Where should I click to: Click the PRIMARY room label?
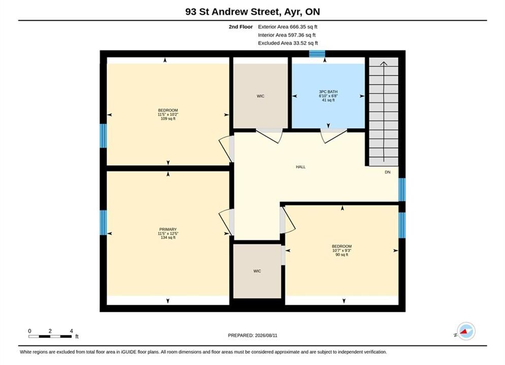tap(168, 229)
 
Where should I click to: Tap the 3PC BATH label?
tap(328, 92)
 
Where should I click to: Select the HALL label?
tap(300, 167)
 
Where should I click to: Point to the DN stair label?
tap(387, 172)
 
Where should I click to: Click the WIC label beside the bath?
tap(260, 96)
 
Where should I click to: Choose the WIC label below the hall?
tap(257, 271)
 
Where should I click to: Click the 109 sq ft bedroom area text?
tap(168, 119)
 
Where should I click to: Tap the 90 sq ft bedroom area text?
tap(342, 254)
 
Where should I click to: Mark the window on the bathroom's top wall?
tap(317, 54)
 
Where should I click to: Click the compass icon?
tap(466, 331)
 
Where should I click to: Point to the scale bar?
tap(50, 337)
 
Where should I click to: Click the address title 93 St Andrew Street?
tap(232, 12)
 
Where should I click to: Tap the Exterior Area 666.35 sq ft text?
tap(288, 27)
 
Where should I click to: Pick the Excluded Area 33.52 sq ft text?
tap(288, 43)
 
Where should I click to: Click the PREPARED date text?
tap(253, 335)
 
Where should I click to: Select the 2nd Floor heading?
tap(241, 27)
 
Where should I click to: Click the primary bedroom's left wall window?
tap(103, 223)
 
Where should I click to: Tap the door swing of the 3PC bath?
tap(333, 136)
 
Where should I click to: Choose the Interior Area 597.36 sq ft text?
tap(287, 35)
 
